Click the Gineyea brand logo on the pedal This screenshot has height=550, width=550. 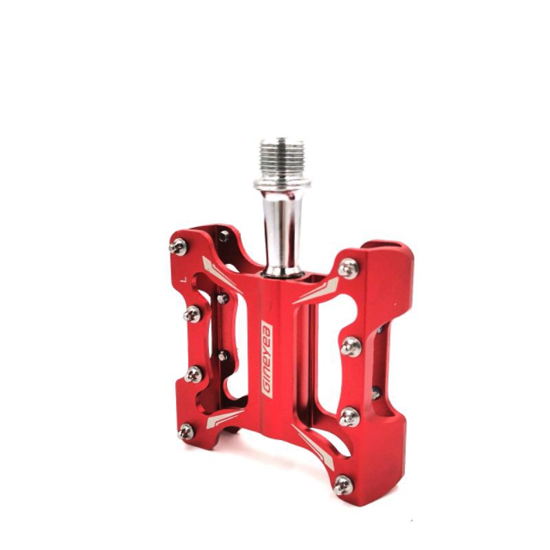pos(267,359)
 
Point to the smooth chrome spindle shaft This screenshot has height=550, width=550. pos(282,232)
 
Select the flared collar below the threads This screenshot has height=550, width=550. pos(282,184)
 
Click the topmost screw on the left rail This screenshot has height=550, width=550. pos(178,247)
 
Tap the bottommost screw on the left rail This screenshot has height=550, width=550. pos(186,432)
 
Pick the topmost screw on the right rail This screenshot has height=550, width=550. pos(349,268)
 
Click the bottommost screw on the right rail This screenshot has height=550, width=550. pos(343,485)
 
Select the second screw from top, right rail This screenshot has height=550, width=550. pos(351,346)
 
